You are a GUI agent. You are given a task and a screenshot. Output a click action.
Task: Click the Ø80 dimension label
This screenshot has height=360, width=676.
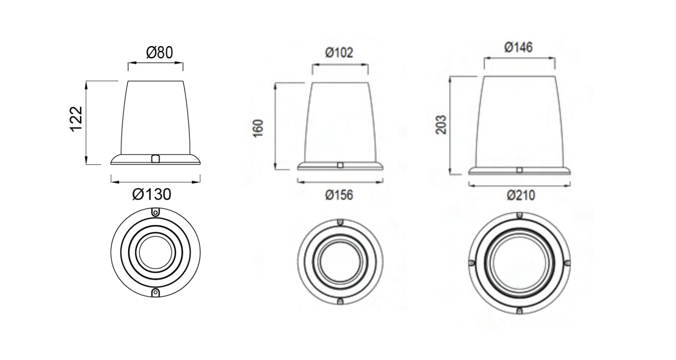159,52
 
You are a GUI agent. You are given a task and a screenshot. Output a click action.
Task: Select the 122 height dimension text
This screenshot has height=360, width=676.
76,119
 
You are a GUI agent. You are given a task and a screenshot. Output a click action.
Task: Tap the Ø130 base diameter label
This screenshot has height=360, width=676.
151,194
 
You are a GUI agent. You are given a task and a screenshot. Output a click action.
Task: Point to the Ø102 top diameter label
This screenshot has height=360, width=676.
339,53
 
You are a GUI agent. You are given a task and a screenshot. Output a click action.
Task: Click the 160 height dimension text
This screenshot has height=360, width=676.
258,129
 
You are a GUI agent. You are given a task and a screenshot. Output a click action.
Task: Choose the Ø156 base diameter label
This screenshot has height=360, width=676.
339,195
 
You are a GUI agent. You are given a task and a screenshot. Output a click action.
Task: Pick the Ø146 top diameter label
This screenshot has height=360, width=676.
518,47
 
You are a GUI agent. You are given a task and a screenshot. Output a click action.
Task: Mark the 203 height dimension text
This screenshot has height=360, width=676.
441,125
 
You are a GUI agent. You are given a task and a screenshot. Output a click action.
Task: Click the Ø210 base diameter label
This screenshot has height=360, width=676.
521,196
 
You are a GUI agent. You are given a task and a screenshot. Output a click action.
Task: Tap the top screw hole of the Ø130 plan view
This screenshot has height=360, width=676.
156,213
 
